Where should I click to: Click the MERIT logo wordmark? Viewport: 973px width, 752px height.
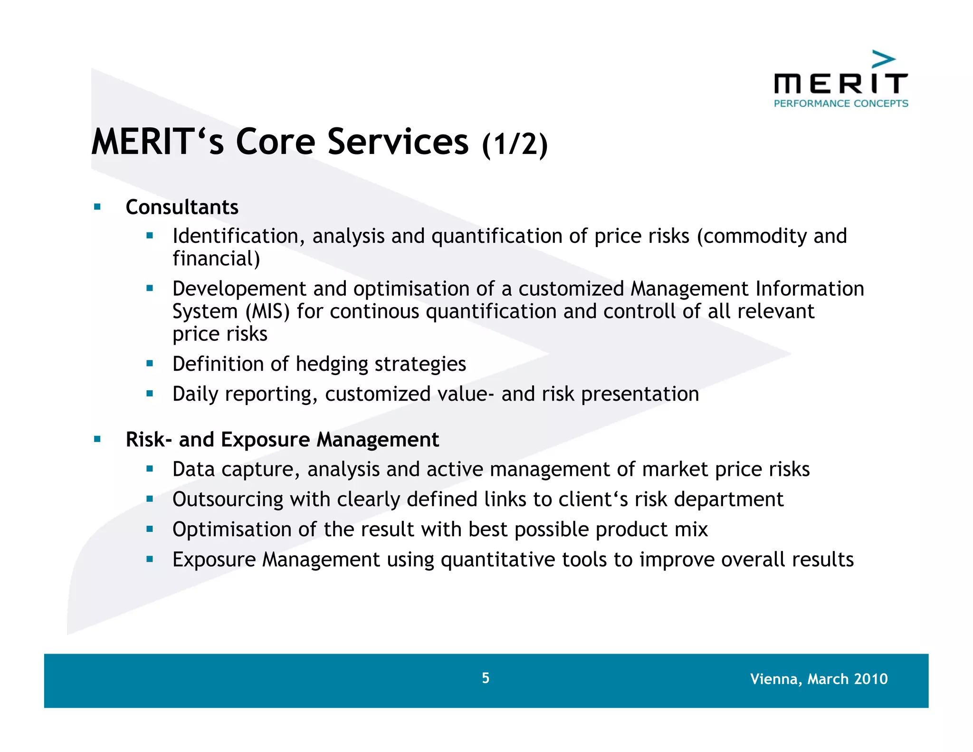pyautogui.click(x=840, y=84)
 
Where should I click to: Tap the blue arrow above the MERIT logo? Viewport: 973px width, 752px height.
pyautogui.click(x=884, y=60)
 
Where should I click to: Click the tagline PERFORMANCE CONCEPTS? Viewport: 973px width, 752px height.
pyautogui.click(x=840, y=104)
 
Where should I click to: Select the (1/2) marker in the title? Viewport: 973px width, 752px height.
pyautogui.click(x=515, y=144)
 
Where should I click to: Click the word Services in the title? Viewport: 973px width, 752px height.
pyautogui.click(x=398, y=142)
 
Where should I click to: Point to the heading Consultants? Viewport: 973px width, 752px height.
pyautogui.click(x=182, y=207)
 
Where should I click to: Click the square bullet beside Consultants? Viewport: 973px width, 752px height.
pyautogui.click(x=97, y=207)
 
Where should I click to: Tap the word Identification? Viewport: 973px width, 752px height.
pyautogui.click(x=235, y=236)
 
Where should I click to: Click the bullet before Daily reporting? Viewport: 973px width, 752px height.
pyautogui.click(x=150, y=393)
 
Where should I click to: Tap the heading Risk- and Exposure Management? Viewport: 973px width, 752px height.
pyautogui.click(x=282, y=440)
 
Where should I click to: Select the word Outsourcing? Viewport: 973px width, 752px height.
pyautogui.click(x=228, y=500)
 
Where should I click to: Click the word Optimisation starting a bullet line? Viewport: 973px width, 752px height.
pyautogui.click(x=232, y=530)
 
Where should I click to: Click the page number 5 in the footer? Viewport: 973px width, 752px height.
pyautogui.click(x=485, y=678)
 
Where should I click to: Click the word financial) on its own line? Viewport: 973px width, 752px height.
pyautogui.click(x=216, y=259)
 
